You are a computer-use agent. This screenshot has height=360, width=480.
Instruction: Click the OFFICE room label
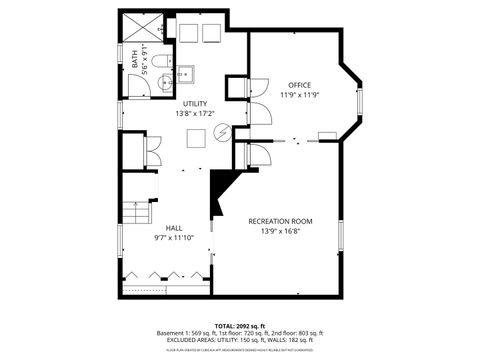point(300,84)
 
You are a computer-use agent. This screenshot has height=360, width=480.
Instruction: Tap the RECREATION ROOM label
point(281,221)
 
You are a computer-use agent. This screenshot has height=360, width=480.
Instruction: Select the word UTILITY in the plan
point(195,104)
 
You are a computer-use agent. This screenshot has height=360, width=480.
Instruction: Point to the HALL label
point(174,227)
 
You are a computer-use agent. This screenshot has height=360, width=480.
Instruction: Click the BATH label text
point(136,59)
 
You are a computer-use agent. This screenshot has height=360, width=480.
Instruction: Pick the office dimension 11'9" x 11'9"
point(300,95)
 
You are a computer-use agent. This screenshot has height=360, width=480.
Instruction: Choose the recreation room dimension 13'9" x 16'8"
point(281,232)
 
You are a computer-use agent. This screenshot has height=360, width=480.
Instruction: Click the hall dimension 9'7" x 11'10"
point(174,238)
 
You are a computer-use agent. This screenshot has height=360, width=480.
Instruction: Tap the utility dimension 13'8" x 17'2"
point(195,114)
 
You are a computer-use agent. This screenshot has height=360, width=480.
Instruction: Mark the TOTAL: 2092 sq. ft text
point(240,325)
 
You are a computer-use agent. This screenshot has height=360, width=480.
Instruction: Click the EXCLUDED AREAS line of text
point(240,340)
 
